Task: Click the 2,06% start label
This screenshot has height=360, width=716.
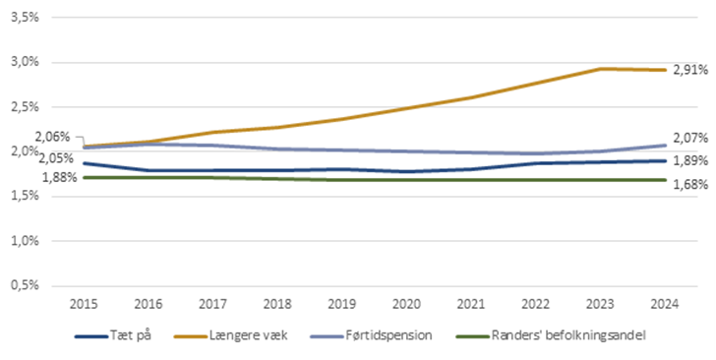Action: click(51, 137)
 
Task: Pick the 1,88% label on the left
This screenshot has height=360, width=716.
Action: click(58, 177)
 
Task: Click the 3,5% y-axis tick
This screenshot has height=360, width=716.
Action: click(23, 18)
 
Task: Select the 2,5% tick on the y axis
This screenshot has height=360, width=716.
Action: click(23, 107)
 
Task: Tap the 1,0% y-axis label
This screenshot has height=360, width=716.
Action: click(23, 241)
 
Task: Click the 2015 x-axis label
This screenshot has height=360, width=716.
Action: click(85, 304)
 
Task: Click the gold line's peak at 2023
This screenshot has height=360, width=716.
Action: click(599, 69)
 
